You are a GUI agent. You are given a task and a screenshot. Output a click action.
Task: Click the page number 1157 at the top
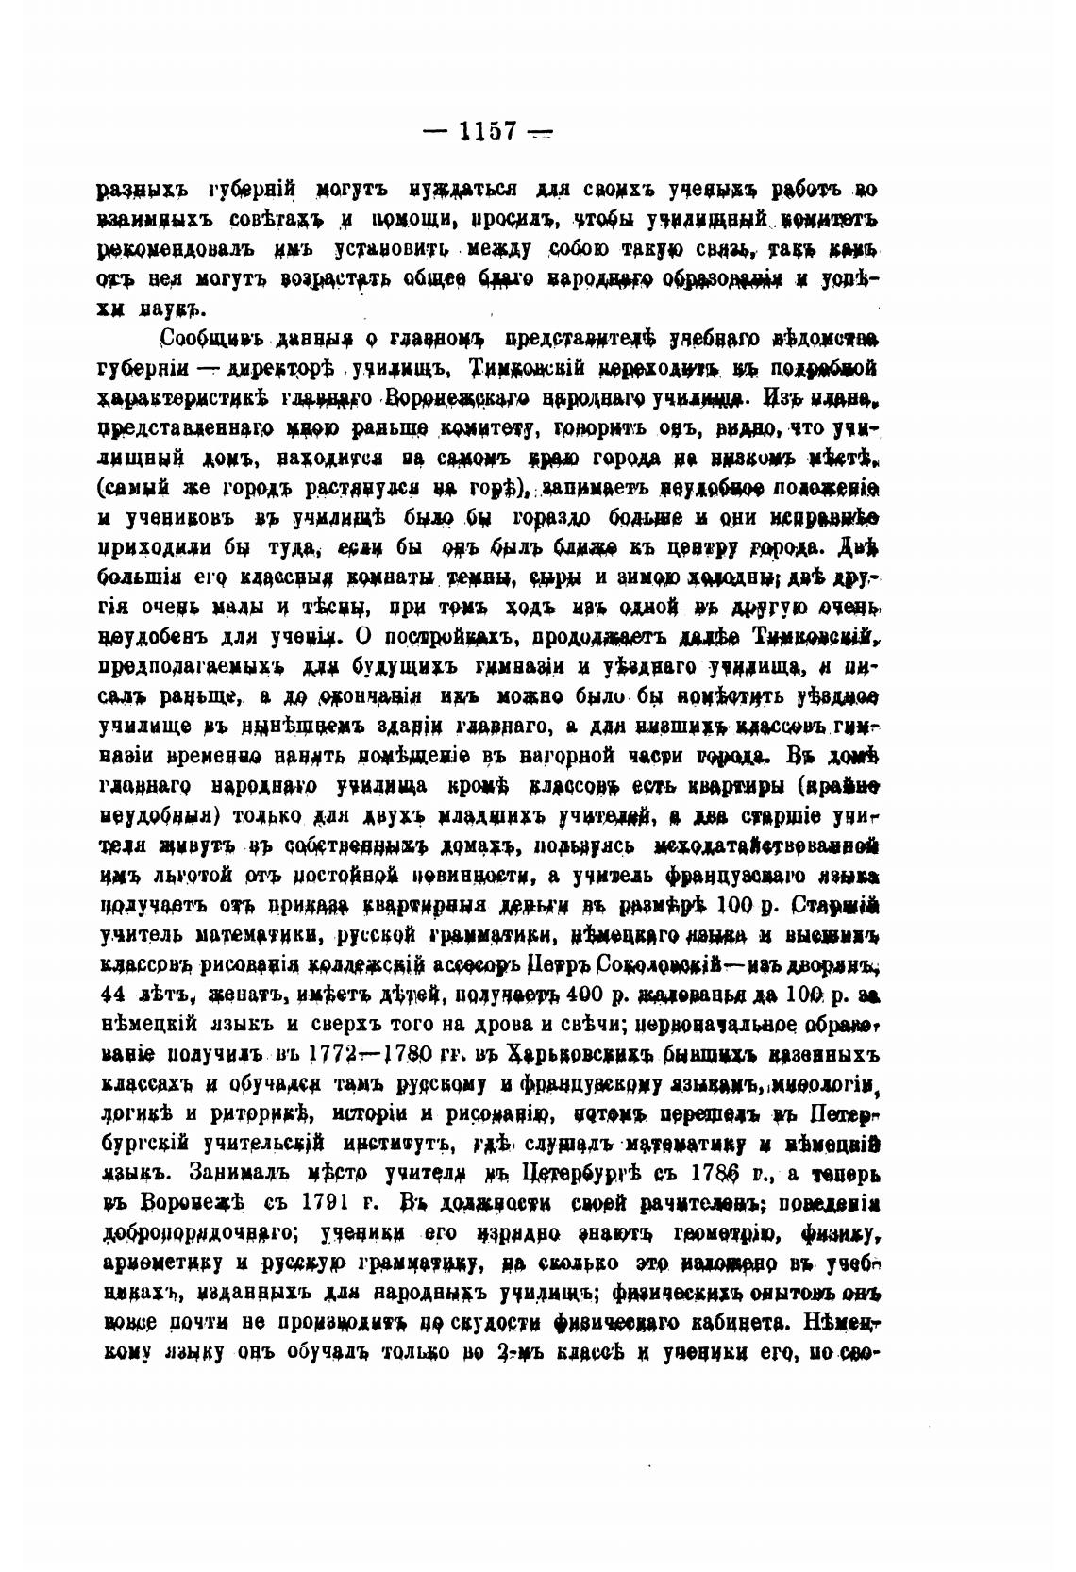[x=487, y=130]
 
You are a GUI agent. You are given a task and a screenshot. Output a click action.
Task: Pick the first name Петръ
[x=534, y=964]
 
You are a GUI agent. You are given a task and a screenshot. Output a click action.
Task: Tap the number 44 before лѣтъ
[x=111, y=994]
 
